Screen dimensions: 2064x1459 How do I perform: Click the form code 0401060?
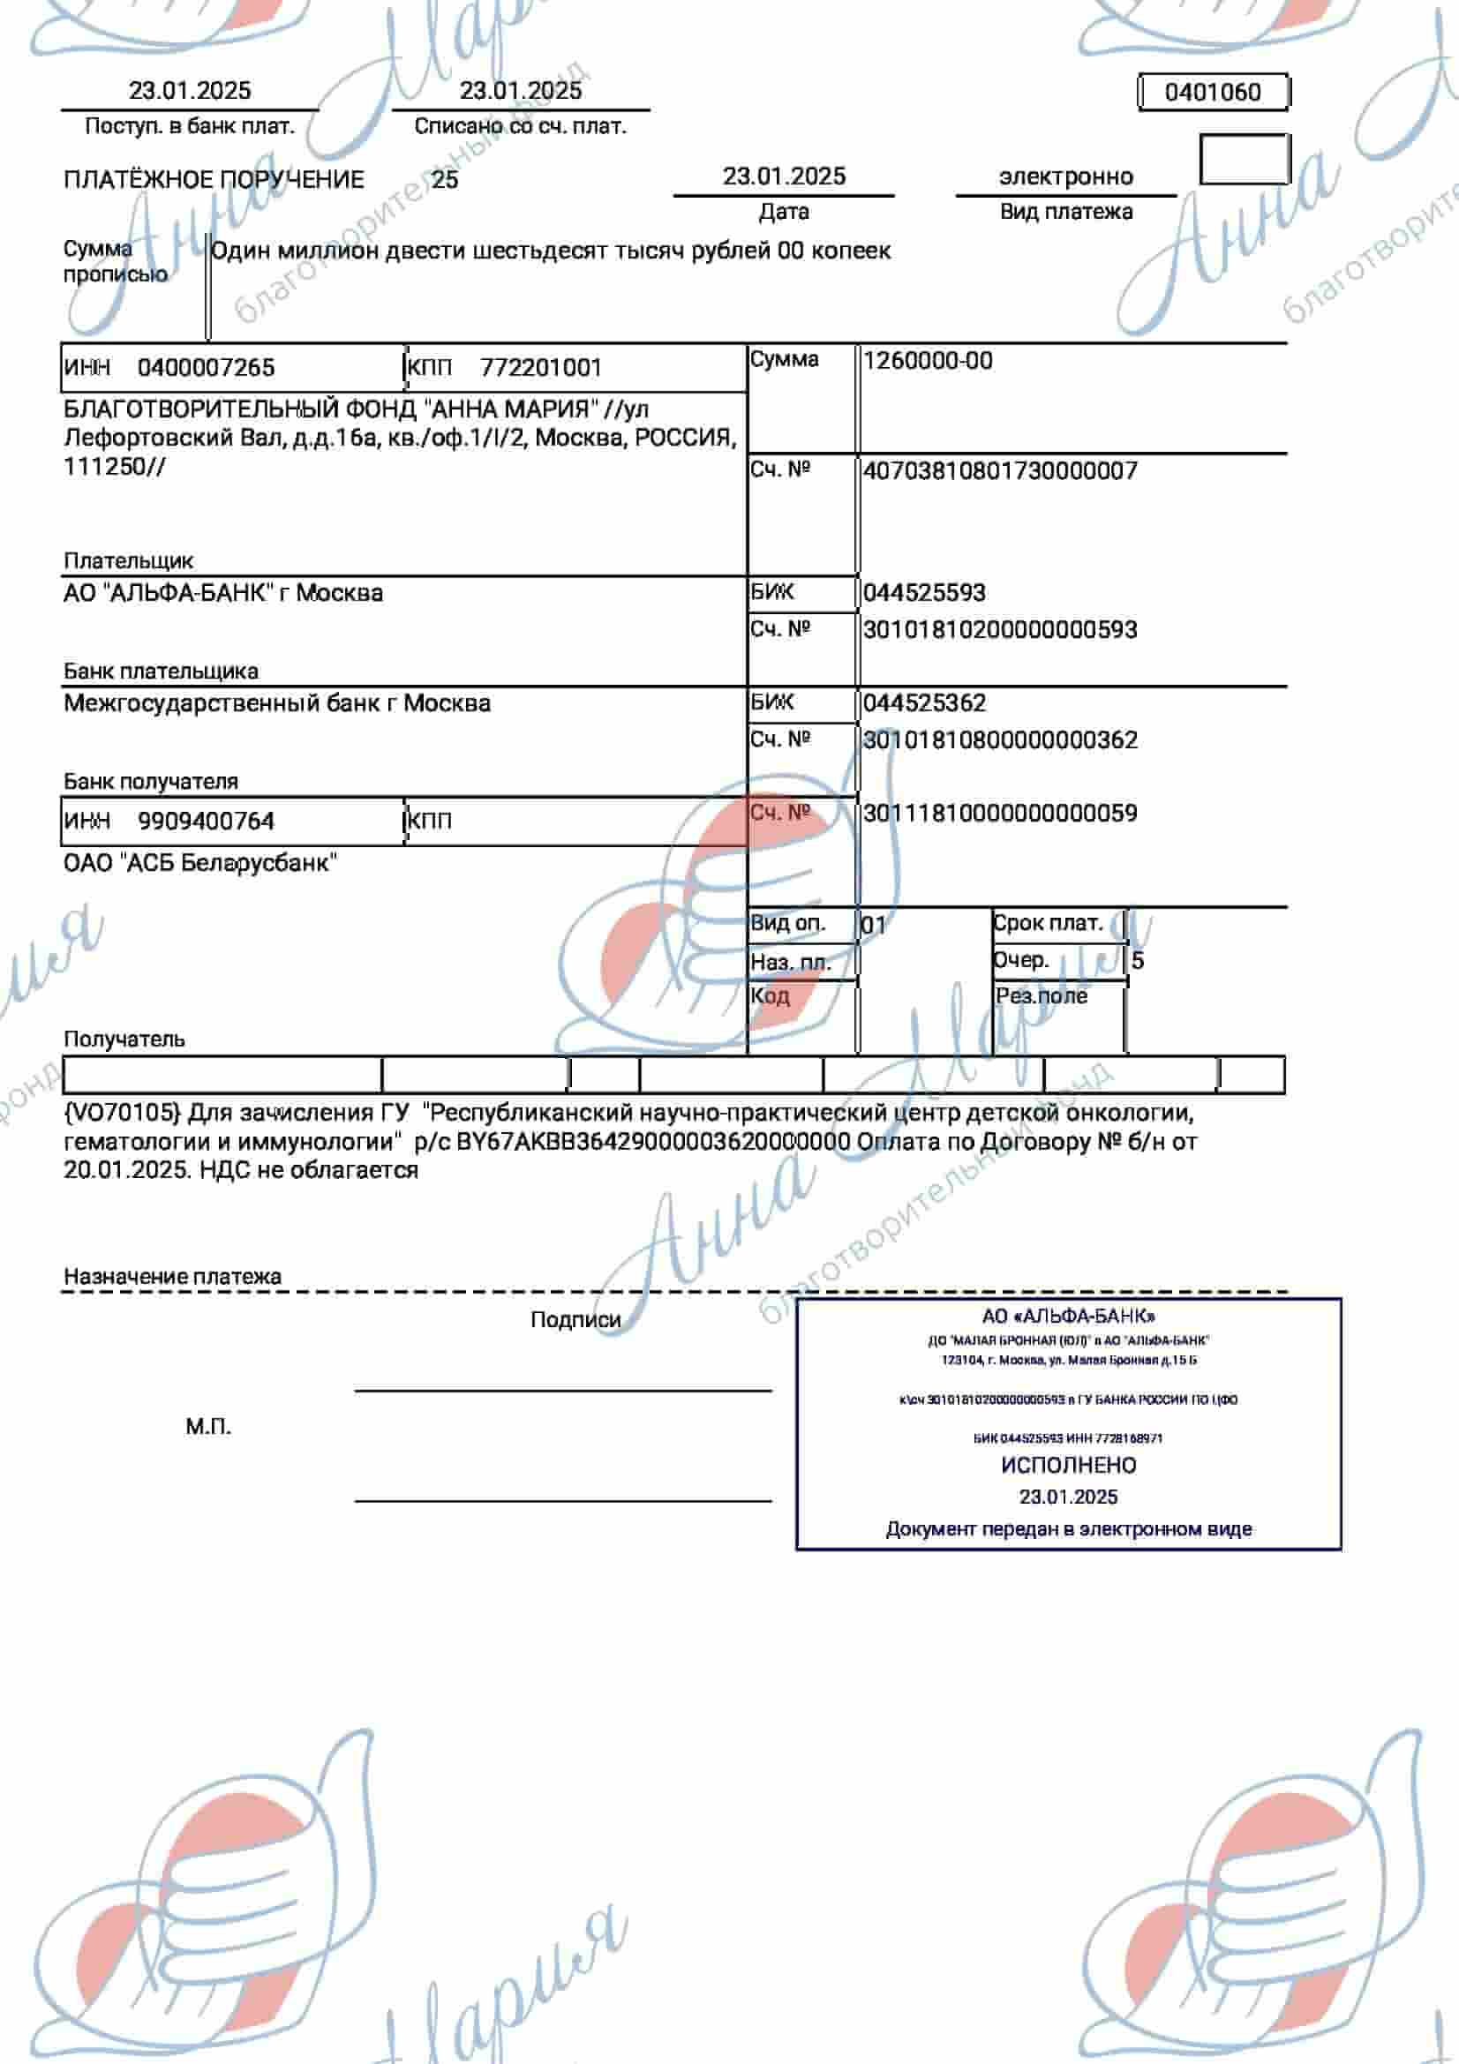click(x=1212, y=92)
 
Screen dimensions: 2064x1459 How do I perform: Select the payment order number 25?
click(x=444, y=180)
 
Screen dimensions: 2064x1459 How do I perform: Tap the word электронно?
click(x=1065, y=176)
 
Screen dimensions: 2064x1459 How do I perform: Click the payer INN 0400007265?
click(x=206, y=368)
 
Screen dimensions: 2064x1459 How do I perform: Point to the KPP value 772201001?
click(x=540, y=368)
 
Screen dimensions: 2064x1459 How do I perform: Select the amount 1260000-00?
click(x=928, y=362)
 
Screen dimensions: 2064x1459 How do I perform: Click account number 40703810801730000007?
click(x=1000, y=471)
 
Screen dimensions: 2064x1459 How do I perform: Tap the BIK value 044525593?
click(x=924, y=592)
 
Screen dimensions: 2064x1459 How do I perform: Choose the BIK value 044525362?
click(x=924, y=703)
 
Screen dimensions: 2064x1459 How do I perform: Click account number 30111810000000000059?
click(x=1000, y=814)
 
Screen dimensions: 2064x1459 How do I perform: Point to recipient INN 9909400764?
click(x=206, y=821)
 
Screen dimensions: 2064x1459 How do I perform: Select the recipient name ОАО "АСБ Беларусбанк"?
click(x=200, y=863)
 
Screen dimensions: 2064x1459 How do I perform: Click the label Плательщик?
click(x=129, y=561)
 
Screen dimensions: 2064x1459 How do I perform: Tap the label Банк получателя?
click(x=151, y=781)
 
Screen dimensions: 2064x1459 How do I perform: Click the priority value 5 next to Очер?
click(x=1137, y=961)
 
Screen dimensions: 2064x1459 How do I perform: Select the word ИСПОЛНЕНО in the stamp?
click(x=1068, y=1466)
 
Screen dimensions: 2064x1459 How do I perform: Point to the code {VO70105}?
click(x=123, y=1113)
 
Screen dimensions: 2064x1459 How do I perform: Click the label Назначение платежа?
click(x=173, y=1277)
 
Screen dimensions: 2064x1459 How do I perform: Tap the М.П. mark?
click(x=208, y=1427)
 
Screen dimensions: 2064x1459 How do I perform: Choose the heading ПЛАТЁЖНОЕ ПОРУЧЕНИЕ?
click(x=214, y=180)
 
